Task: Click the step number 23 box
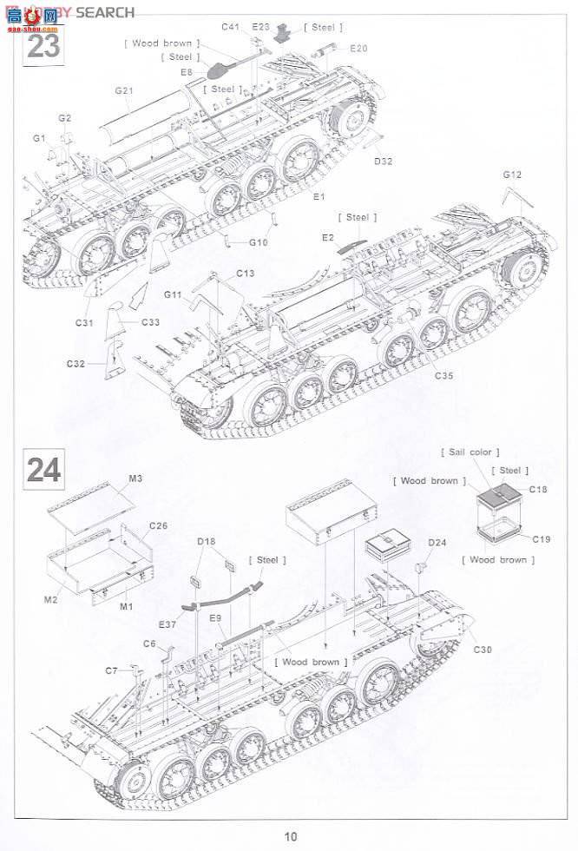pyautogui.click(x=43, y=43)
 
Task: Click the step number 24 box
pyautogui.click(x=43, y=469)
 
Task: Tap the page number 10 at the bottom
pyautogui.click(x=290, y=836)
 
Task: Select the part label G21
pyautogui.click(x=123, y=90)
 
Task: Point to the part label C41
pyautogui.click(x=230, y=27)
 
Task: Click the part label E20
pyautogui.click(x=358, y=48)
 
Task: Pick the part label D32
pyautogui.click(x=384, y=162)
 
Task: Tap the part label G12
pyautogui.click(x=512, y=175)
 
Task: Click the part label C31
pyautogui.click(x=84, y=323)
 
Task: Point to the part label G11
pyautogui.click(x=172, y=295)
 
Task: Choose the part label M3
pyautogui.click(x=135, y=478)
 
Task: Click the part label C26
pyautogui.click(x=158, y=526)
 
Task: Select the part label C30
pyautogui.click(x=483, y=650)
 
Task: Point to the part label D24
pyautogui.click(x=437, y=544)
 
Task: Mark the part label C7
pyautogui.click(x=111, y=670)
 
